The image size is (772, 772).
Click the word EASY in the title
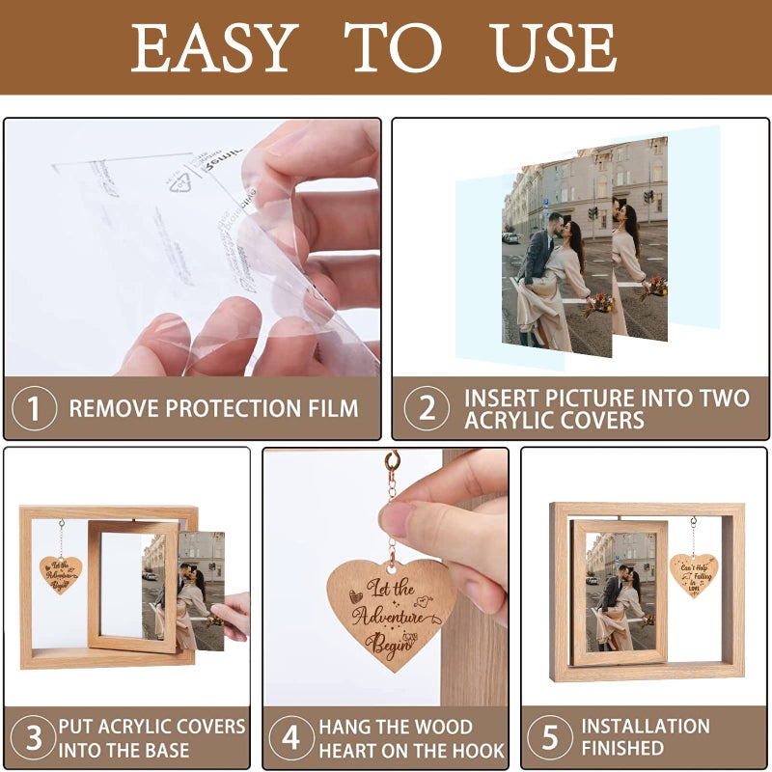[213, 47]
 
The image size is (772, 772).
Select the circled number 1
[34, 408]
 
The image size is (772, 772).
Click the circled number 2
[426, 408]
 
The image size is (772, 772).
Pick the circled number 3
[33, 738]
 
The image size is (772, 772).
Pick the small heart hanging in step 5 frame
[693, 573]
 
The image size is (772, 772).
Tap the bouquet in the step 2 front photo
[598, 305]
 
